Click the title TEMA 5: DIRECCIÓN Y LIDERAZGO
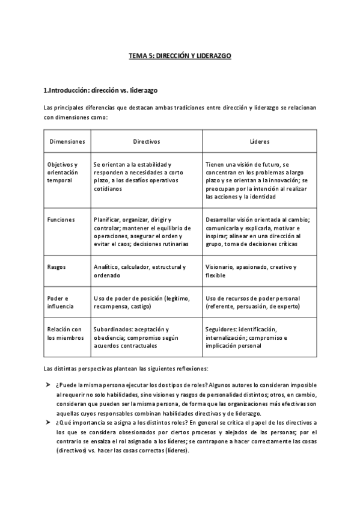pos(180,55)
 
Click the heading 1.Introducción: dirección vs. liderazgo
pos(100,90)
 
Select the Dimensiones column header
pos(67,141)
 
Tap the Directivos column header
pos(146,141)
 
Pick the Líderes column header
pos(259,141)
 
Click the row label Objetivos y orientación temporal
pos(63,172)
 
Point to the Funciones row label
pos(61,220)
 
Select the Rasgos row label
pos(56,267)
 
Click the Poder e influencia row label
pos(60,303)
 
